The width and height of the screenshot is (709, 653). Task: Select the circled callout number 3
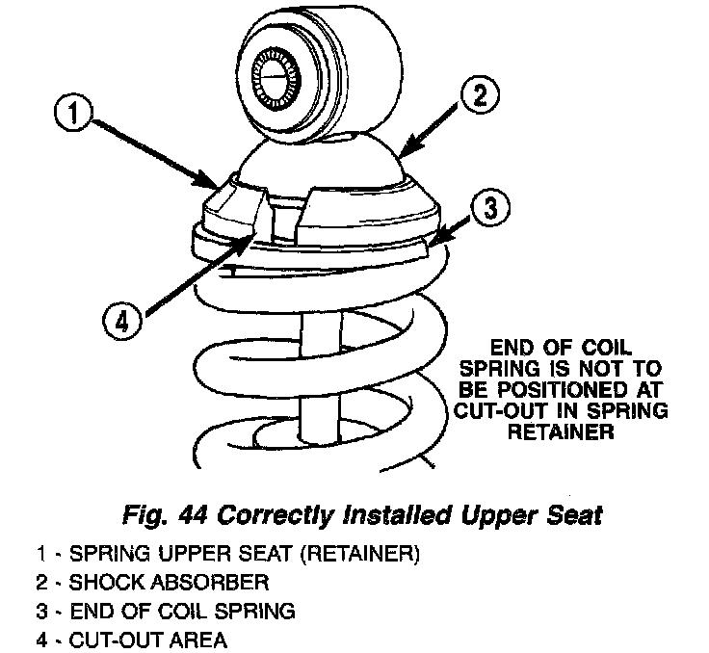click(x=490, y=208)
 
